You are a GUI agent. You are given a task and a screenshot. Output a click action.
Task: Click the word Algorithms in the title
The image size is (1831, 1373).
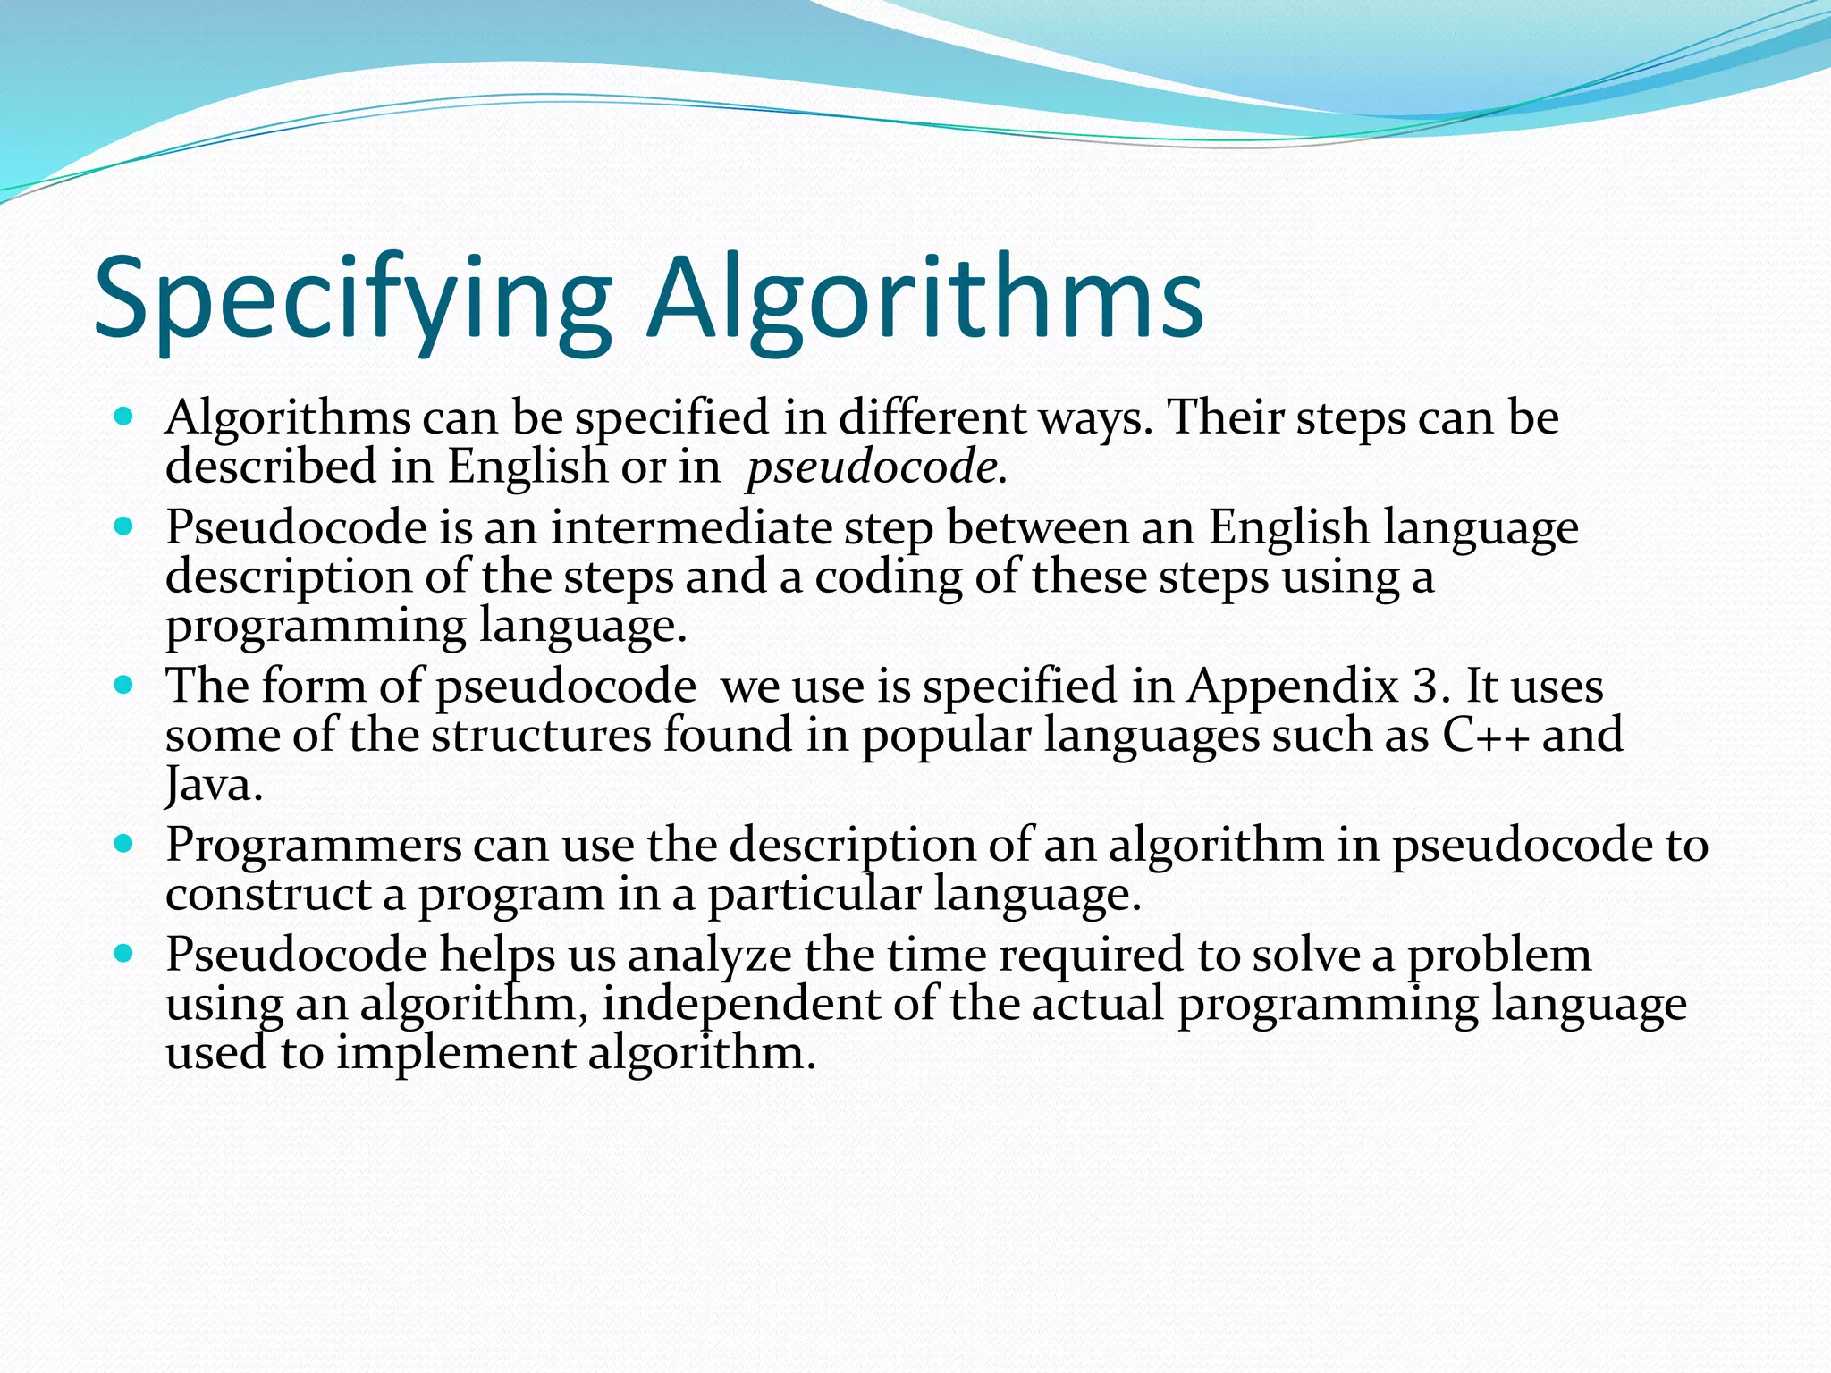tap(926, 299)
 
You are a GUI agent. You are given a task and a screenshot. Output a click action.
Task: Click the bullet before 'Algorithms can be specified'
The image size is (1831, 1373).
tap(124, 417)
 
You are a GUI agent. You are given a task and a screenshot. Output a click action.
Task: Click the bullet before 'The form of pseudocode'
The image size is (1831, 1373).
tap(124, 686)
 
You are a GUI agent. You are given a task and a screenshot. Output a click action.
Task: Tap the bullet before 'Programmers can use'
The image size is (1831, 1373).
tap(124, 844)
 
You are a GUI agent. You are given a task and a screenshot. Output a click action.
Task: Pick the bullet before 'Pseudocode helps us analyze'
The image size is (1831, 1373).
tap(124, 954)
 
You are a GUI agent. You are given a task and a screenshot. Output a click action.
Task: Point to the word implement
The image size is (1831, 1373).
tap(456, 1054)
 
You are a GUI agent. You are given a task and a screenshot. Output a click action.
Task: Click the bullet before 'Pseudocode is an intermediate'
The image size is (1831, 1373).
tap(124, 526)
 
